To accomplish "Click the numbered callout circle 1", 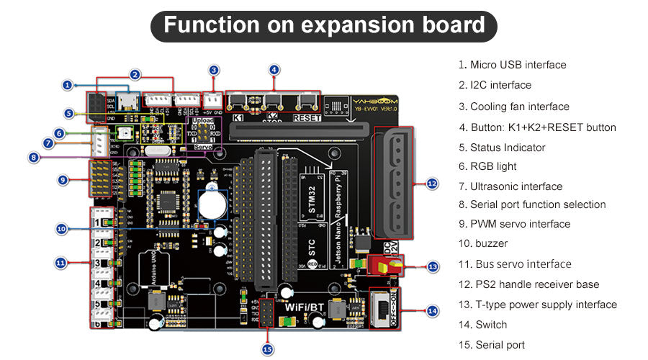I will (67, 85).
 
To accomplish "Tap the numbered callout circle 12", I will (432, 184).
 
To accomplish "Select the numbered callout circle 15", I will (268, 349).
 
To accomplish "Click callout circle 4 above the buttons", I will (274, 70).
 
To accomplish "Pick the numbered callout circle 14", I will (432, 311).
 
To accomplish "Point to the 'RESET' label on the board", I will (307, 117).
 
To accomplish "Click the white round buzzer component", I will (213, 204).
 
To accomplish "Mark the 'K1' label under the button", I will (238, 117).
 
